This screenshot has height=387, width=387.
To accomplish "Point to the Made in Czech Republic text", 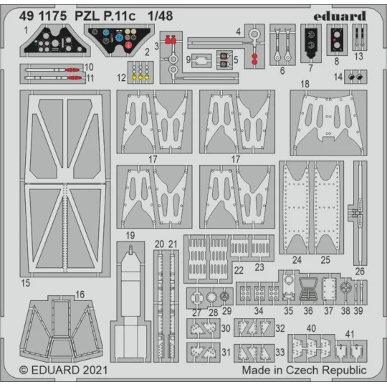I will point(304,371).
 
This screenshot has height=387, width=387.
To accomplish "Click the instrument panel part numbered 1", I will point(54,44).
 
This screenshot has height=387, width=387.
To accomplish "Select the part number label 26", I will point(360,270).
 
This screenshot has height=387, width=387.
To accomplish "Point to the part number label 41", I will point(350,334).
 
